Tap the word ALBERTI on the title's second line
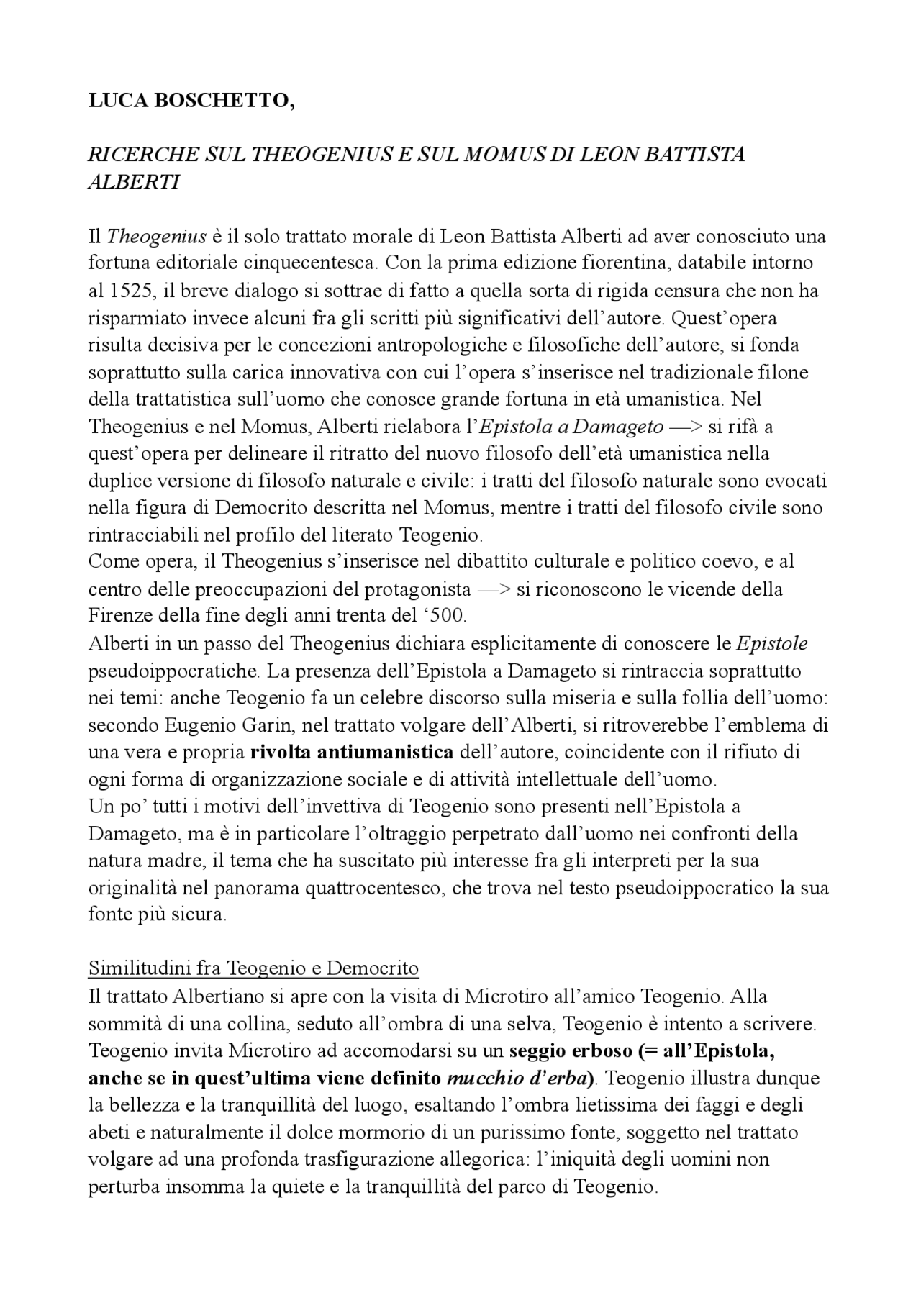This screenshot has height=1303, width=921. click(133, 181)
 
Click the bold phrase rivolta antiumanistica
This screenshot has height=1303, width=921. click(352, 753)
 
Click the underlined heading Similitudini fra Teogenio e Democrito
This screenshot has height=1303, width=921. click(253, 968)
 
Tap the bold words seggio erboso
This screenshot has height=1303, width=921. click(571, 1050)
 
